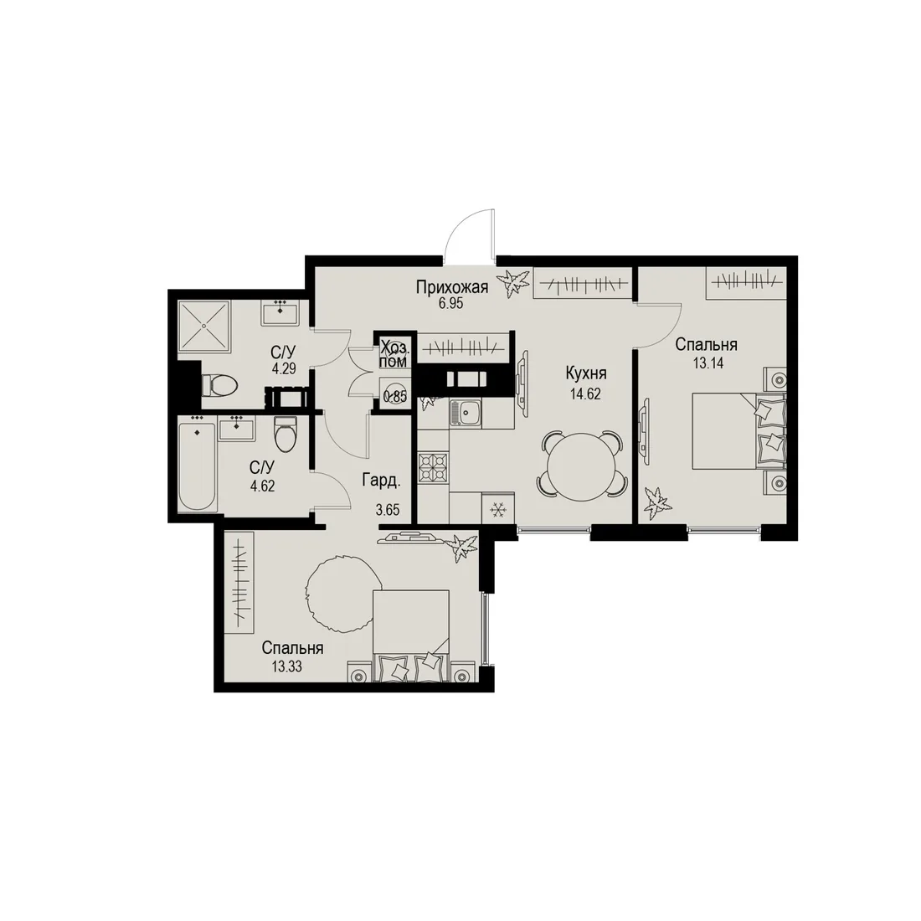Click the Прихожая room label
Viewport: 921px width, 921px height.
coord(451,287)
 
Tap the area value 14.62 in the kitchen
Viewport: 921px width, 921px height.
coord(585,394)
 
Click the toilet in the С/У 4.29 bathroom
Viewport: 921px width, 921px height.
coord(219,385)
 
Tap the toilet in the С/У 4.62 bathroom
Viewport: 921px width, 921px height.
coord(286,434)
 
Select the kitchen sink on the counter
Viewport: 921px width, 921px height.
coord(466,412)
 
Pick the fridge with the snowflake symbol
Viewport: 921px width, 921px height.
coord(498,508)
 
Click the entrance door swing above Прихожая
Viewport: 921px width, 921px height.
coord(470,232)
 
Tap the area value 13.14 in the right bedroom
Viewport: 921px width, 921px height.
coord(707,363)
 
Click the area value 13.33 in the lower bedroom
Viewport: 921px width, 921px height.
coord(286,666)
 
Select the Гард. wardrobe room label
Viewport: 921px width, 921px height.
coord(381,481)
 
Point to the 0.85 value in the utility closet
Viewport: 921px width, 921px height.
coord(395,397)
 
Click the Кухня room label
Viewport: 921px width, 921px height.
coord(585,373)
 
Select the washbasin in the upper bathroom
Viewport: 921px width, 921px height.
coord(280,312)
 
